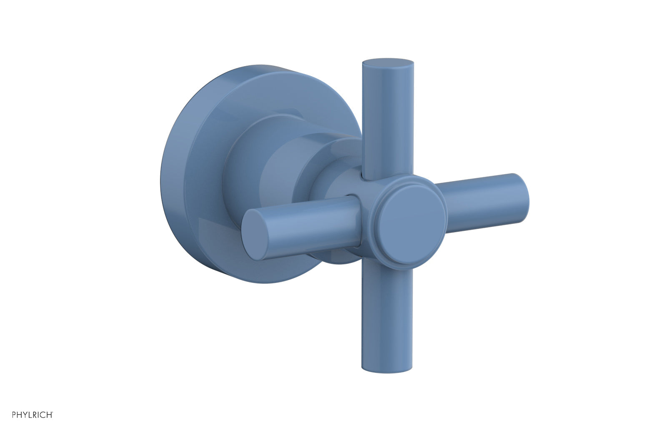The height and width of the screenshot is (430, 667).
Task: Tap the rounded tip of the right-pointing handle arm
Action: [x=521, y=197]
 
